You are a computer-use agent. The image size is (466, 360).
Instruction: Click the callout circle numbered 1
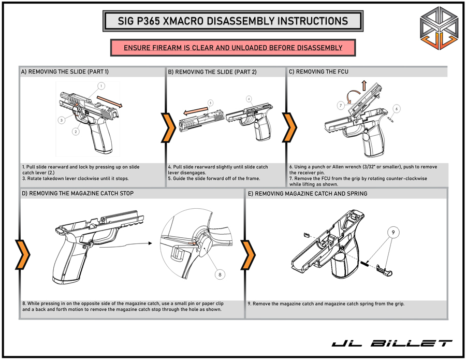[101, 85]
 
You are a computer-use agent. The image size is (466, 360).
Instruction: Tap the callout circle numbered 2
[76, 132]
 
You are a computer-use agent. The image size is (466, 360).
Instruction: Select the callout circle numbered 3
[61, 120]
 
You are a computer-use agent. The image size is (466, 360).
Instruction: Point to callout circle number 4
[249, 98]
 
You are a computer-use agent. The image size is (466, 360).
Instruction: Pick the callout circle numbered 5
[210, 103]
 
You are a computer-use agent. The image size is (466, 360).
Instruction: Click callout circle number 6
[397, 108]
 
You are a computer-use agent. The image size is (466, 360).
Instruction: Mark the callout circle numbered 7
[341, 105]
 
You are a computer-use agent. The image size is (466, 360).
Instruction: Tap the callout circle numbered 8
[221, 275]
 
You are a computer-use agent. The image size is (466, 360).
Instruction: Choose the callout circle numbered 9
[393, 234]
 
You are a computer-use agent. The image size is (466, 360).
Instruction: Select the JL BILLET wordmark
[391, 343]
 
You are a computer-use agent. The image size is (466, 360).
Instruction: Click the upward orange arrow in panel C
[365, 85]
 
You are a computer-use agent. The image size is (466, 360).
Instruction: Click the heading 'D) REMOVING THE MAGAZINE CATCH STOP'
[77, 194]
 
